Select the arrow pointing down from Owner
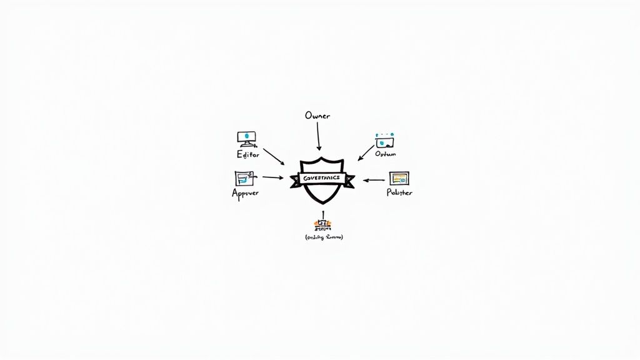pos(319,136)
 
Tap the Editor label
pos(247,154)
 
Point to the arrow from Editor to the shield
pos(274,156)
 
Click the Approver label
pos(245,193)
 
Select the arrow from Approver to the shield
pos(273,177)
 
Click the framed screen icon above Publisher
pos(399,178)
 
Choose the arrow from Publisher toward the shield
pos(374,180)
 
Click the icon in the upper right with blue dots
pos(385,141)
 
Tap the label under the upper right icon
pos(386,154)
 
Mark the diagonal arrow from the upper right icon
pos(366,153)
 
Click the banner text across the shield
pos(321,178)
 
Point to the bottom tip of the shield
pos(322,204)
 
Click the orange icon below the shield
pos(322,224)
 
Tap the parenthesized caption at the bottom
pos(324,237)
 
